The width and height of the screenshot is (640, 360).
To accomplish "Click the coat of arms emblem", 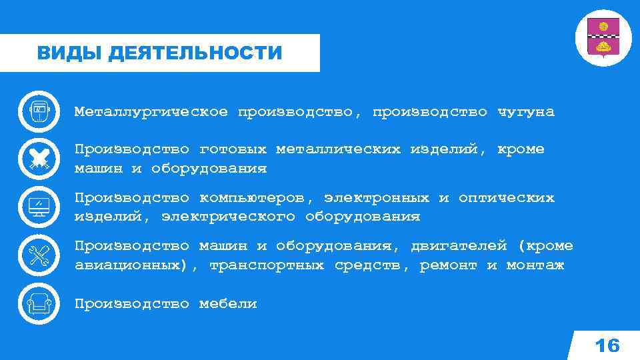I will click(603, 38).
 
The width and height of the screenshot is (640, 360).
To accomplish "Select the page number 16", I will click(607, 345).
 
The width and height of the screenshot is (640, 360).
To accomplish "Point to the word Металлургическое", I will click(151, 112).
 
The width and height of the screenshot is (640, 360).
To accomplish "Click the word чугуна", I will click(525, 112).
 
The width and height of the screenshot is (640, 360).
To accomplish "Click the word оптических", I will click(506, 198).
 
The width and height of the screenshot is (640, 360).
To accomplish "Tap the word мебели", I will click(228, 304).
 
